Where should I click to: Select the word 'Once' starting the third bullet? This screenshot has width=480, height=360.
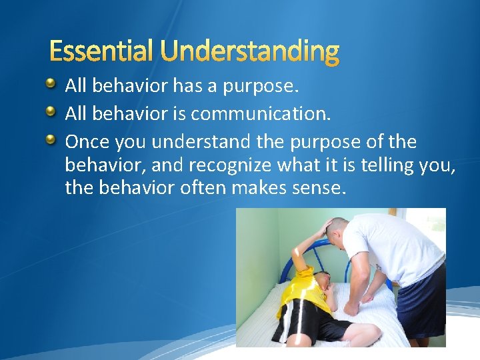click(x=87, y=142)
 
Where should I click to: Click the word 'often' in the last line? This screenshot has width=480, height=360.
click(x=203, y=189)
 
